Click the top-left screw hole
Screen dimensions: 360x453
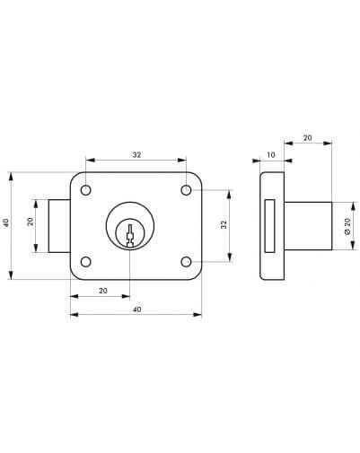(x=86, y=190)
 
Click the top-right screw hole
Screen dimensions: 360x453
(x=186, y=190)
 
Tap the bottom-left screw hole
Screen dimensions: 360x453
(x=86, y=262)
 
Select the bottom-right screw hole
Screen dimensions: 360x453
(x=186, y=262)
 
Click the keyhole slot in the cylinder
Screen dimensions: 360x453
(x=130, y=236)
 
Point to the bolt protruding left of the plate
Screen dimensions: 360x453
(x=59, y=226)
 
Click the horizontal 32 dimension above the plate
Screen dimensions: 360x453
(x=136, y=155)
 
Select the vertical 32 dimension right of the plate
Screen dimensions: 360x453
(x=224, y=224)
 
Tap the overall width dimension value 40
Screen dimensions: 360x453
(x=136, y=309)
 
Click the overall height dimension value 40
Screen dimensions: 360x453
(x=6, y=223)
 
